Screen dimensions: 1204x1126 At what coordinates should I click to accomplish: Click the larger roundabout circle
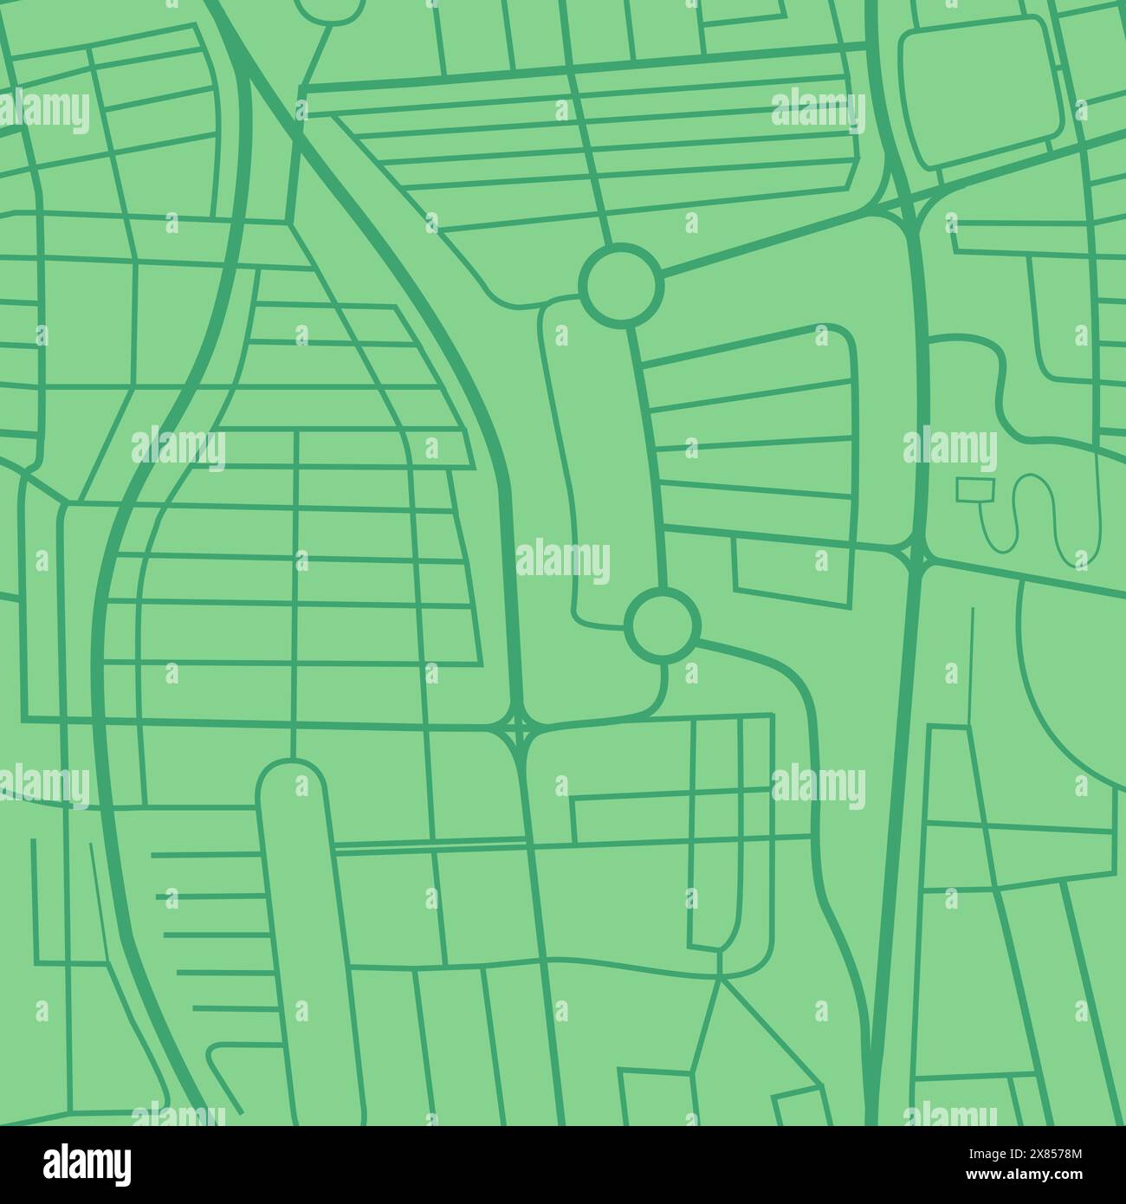[619, 285]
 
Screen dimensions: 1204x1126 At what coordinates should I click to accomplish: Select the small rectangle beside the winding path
[974, 489]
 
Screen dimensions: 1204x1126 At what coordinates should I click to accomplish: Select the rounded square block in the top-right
[974, 94]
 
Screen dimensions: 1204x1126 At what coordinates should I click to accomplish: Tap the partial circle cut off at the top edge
[329, 9]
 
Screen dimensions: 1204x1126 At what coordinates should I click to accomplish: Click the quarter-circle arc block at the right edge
[1074, 684]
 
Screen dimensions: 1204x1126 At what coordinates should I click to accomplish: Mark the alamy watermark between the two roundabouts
[564, 559]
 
